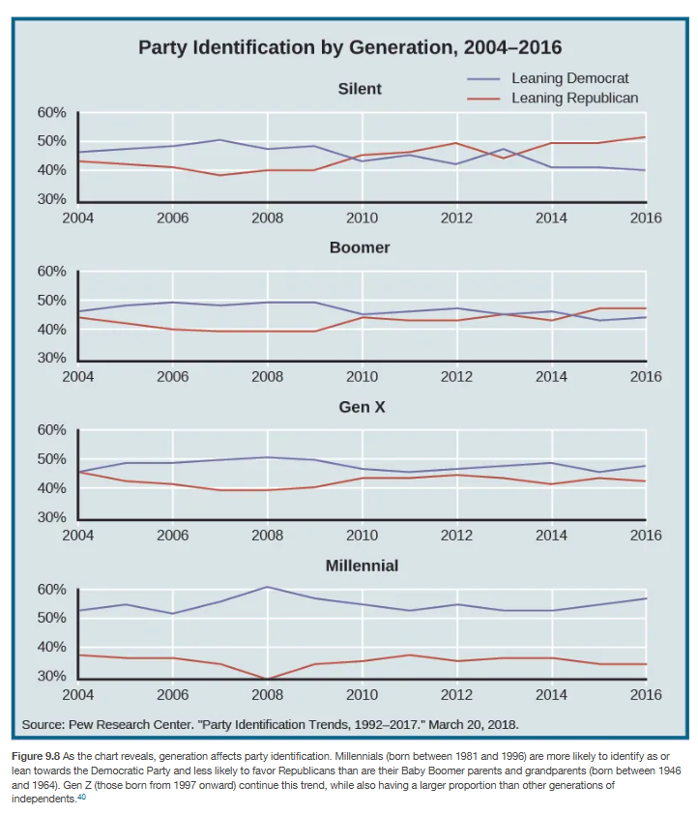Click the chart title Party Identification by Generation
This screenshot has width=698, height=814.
pos(349,47)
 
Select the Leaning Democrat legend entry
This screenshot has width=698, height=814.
pos(568,78)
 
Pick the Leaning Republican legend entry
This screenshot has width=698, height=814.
pos(574,98)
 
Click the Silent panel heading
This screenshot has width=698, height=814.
pos(360,89)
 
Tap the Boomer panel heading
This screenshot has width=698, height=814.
pos(360,247)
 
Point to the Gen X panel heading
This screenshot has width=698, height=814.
pos(362,407)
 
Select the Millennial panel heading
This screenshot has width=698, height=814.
pos(362,566)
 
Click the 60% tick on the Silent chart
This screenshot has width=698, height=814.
pos(51,113)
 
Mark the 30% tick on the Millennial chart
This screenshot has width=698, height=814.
pos(51,677)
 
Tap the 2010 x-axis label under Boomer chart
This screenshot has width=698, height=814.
pos(362,376)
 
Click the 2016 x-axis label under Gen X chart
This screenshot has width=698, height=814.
pos(645,535)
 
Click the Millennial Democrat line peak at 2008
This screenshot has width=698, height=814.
pos(267,587)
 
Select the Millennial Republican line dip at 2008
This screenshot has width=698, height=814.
pos(267,679)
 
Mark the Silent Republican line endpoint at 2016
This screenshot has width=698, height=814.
pos(645,137)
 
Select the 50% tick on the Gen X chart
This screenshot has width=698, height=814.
pos(51,459)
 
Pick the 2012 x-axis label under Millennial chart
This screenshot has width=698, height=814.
pos(456,694)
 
